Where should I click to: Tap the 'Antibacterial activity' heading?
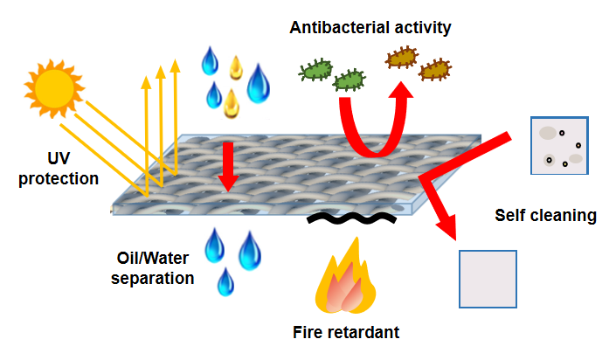(370, 28)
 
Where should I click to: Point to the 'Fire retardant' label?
(346, 333)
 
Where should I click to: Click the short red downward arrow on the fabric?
(228, 165)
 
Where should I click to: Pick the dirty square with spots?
(560, 146)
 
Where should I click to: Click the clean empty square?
(488, 279)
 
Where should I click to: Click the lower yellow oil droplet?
(232, 103)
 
